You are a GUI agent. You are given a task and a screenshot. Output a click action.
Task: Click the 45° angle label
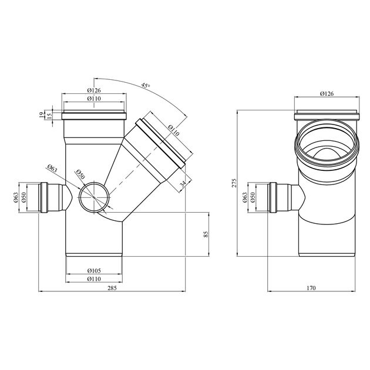click(145, 86)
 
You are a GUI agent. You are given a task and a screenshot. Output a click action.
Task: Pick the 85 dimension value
click(206, 234)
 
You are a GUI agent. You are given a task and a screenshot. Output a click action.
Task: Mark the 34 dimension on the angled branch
click(182, 184)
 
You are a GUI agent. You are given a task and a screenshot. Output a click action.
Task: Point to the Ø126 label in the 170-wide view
click(327, 93)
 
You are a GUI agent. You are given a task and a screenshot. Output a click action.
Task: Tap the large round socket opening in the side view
click(327, 144)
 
